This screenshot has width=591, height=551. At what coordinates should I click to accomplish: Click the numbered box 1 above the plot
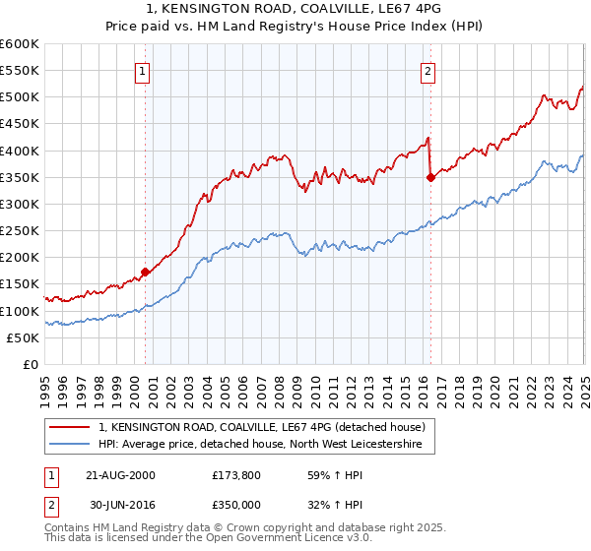click(x=143, y=71)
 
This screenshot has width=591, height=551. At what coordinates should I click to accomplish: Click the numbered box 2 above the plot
click(x=429, y=71)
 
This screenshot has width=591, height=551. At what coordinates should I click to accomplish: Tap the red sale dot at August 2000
click(x=146, y=271)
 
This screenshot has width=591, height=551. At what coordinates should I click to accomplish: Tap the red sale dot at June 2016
click(x=430, y=177)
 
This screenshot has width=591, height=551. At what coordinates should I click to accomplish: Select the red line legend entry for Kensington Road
click(x=261, y=427)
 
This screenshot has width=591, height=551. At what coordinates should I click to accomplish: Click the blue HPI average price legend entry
click(x=259, y=445)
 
